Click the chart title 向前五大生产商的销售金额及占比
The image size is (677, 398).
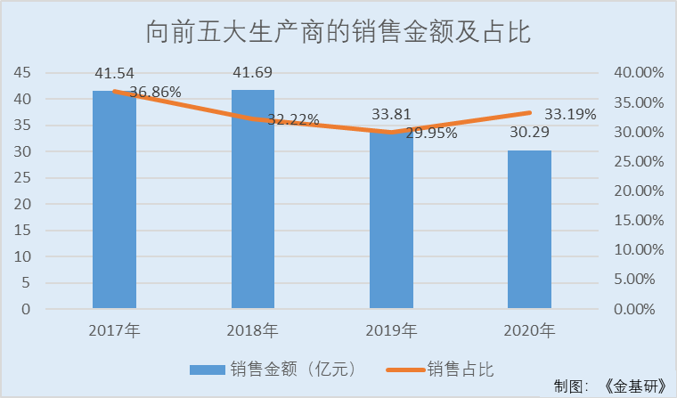coord(338,33)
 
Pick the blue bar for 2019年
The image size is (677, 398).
coord(391,223)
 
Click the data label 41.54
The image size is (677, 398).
coord(115,72)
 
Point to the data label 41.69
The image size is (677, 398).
coord(253,71)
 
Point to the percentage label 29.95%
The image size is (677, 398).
coord(431,133)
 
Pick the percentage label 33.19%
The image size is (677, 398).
coord(570,114)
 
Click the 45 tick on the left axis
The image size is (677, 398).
coord(22,72)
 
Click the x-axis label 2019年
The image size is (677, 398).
coord(391,332)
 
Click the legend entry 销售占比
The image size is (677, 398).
coord(460,368)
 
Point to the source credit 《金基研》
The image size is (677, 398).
coord(634,386)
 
